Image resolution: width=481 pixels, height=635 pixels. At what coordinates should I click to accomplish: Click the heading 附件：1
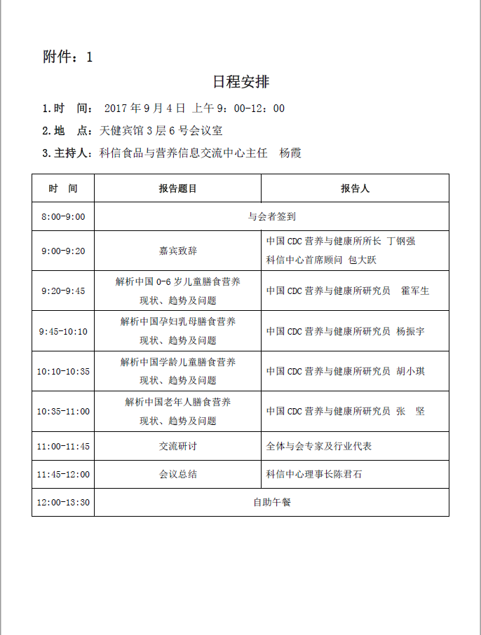point(67,57)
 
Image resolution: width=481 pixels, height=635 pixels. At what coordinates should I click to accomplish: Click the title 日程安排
point(240,82)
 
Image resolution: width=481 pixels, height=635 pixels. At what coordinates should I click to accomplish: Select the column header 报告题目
point(177,188)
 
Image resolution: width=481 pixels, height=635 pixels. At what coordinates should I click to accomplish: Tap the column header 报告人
point(355,188)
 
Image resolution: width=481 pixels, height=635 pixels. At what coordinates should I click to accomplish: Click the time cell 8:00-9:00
point(63,216)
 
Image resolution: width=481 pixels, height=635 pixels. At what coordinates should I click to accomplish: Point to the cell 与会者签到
point(271,216)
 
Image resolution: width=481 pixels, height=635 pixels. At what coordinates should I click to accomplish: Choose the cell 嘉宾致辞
point(177,251)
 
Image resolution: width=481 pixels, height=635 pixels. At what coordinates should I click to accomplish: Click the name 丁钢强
point(401,241)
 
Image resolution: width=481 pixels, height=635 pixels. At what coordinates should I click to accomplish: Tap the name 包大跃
point(363,260)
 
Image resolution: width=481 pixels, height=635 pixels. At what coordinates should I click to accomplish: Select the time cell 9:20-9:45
point(63,291)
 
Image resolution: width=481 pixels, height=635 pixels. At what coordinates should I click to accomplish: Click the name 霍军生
point(414,291)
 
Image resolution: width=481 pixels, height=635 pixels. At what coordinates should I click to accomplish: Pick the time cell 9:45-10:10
point(63,331)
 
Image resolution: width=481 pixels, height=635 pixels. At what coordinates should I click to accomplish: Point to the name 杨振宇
point(410,331)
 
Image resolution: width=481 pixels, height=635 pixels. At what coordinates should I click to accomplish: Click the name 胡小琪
point(410,371)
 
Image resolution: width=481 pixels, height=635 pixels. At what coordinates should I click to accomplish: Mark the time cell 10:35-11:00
point(63,411)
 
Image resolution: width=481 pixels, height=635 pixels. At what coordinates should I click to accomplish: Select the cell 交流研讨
point(177,446)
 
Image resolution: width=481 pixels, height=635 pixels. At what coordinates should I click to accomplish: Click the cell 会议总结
point(177,474)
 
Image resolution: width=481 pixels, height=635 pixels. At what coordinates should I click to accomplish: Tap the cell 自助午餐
point(271,502)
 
